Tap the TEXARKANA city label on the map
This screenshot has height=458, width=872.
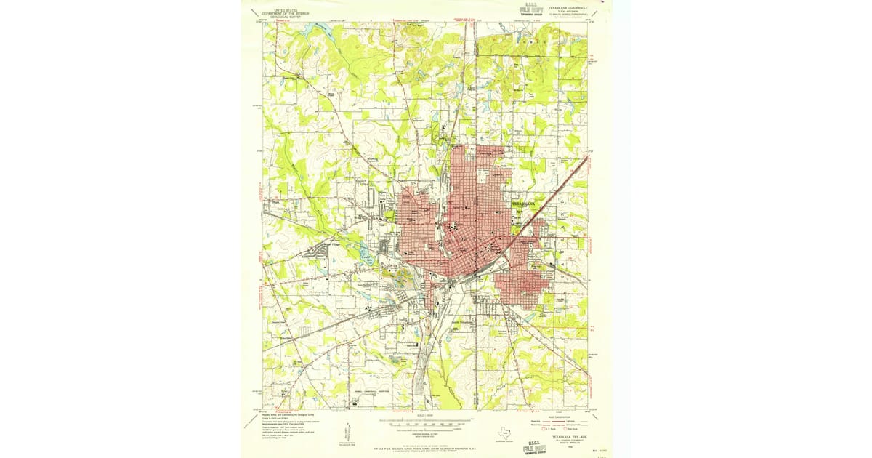[x=524, y=204]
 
